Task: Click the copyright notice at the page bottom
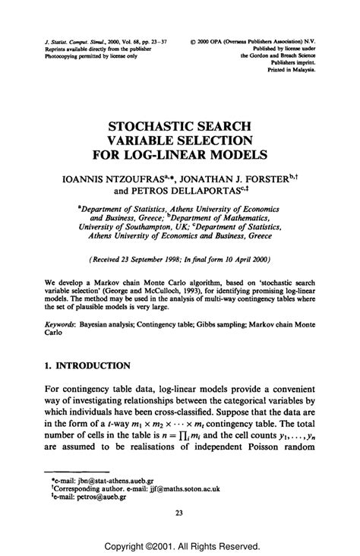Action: [x=179, y=545]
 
